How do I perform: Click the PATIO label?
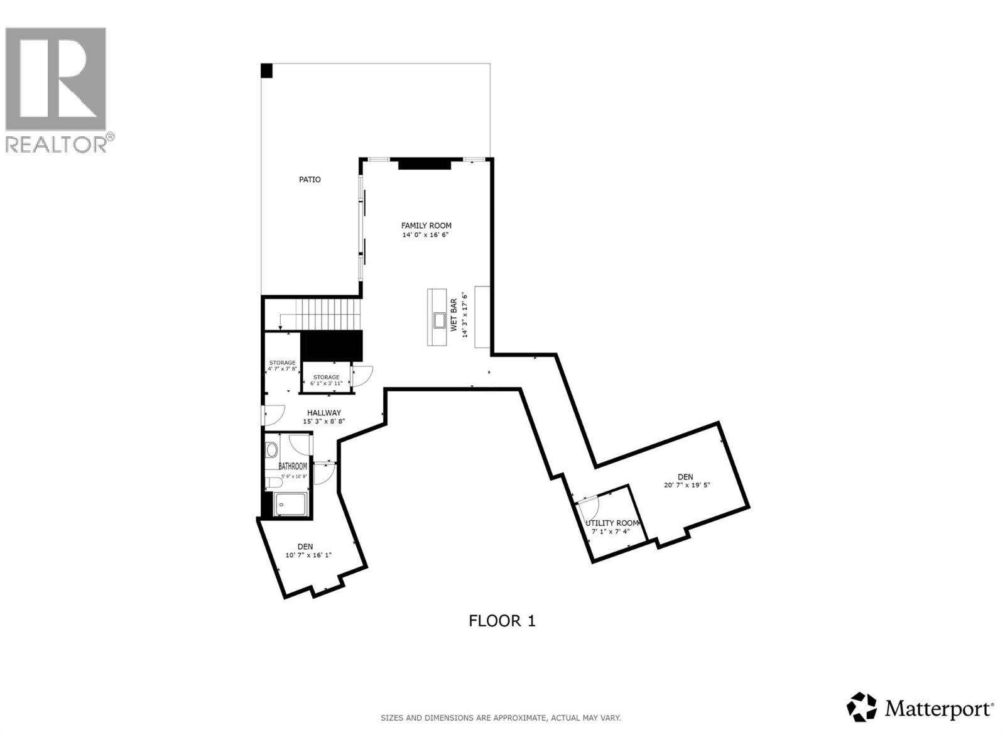pyautogui.click(x=310, y=180)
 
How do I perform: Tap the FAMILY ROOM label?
pyautogui.click(x=426, y=226)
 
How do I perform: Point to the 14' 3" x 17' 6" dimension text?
pyautogui.click(x=465, y=315)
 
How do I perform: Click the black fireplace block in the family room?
pyautogui.click(x=425, y=164)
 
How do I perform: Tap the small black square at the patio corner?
pyautogui.click(x=267, y=70)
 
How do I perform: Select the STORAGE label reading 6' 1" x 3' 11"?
pyautogui.click(x=327, y=380)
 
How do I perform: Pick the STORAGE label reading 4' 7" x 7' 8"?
pyautogui.click(x=282, y=366)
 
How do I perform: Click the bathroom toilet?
pyautogui.click(x=274, y=483)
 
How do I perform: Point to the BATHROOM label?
pyautogui.click(x=293, y=466)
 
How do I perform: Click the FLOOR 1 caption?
pyautogui.click(x=502, y=621)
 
